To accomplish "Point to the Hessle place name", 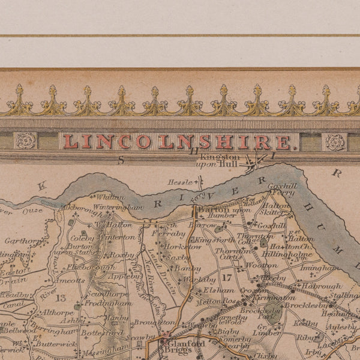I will (179, 181).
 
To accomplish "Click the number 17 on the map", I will (226, 278).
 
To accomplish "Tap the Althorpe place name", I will (59, 312).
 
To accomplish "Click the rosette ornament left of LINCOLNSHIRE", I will (26, 141).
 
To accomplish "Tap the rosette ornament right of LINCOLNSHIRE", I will (335, 142).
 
